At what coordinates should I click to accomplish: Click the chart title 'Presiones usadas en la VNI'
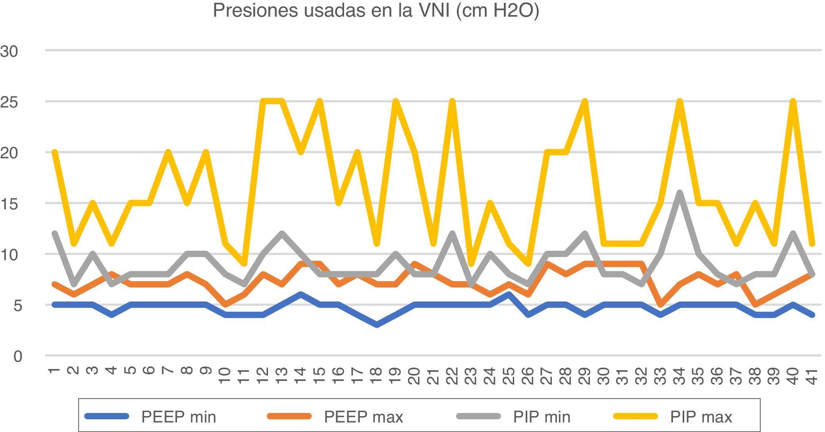(376, 11)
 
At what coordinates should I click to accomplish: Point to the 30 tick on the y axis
(9, 52)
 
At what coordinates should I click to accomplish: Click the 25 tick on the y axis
(9, 102)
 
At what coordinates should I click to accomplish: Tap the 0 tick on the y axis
(17, 357)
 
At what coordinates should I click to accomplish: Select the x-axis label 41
(812, 376)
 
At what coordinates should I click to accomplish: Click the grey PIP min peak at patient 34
(680, 193)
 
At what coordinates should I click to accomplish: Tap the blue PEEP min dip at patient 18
(377, 325)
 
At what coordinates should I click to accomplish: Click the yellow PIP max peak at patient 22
(452, 102)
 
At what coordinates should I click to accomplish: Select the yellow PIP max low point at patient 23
(471, 264)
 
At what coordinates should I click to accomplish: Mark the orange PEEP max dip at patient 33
(660, 305)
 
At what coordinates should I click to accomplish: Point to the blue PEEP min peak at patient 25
(509, 294)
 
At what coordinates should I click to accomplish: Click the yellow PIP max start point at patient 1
(55, 152)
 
